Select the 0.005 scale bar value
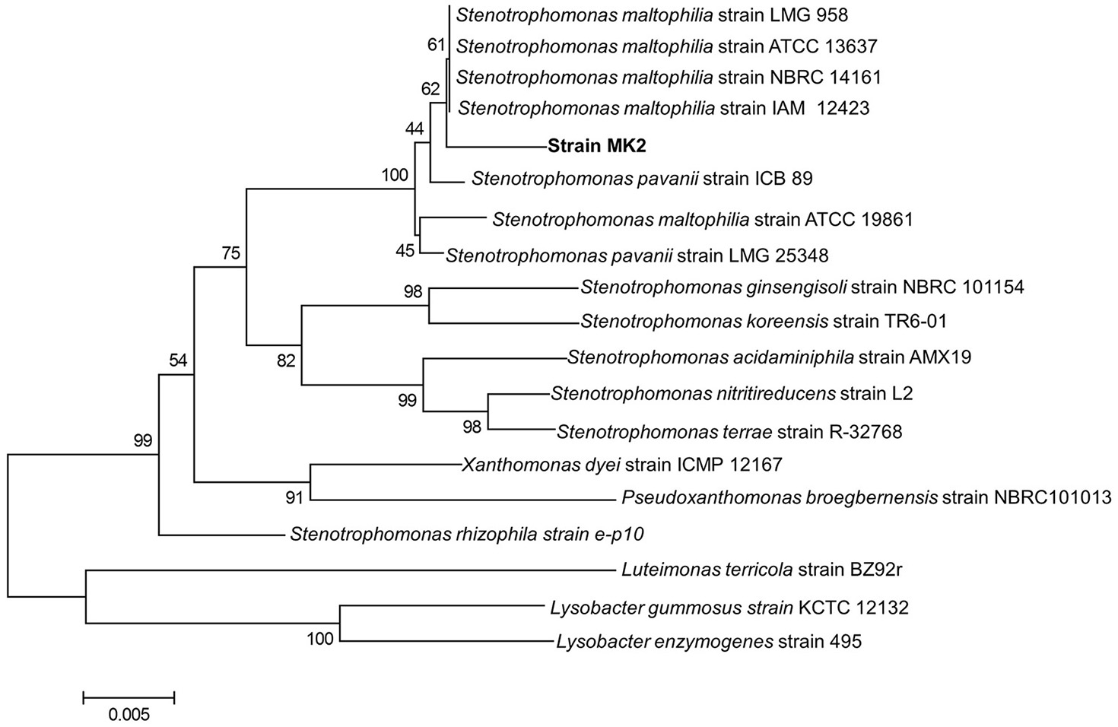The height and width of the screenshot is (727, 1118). (129, 715)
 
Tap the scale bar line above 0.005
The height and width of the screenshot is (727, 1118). (129, 697)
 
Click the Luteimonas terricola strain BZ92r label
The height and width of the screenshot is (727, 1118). (761, 569)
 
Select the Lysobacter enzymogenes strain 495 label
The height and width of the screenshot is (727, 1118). (709, 642)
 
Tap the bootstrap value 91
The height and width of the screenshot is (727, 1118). (294, 498)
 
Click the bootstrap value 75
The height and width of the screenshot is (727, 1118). (230, 254)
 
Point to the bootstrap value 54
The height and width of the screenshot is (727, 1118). (177, 360)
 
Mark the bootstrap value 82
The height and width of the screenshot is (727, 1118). (285, 361)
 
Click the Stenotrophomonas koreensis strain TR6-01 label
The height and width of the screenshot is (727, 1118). (764, 321)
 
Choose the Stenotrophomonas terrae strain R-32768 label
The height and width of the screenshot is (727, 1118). (729, 432)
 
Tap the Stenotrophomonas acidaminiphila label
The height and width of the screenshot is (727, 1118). (769, 357)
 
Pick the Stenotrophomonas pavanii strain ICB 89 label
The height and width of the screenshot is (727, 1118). (642, 179)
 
